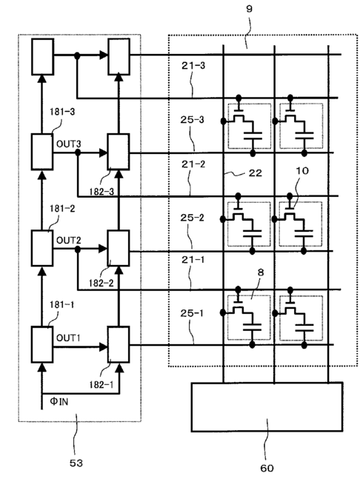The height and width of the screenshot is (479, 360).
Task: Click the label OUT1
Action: [x=68, y=338]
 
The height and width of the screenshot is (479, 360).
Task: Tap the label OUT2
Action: [x=68, y=241]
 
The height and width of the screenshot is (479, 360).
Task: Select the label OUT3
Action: [x=68, y=144]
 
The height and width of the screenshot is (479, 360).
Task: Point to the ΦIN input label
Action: [x=59, y=401]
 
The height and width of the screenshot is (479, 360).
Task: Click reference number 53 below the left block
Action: [x=76, y=463]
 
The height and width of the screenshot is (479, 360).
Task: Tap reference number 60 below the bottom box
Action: [x=267, y=469]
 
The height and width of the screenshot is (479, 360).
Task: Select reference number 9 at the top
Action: [x=250, y=9]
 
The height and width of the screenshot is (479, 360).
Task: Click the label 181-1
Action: [x=61, y=305]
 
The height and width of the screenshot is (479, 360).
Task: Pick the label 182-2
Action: [x=101, y=284]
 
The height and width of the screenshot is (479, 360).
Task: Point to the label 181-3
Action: [x=62, y=112]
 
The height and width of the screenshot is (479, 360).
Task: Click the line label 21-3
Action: [x=193, y=65]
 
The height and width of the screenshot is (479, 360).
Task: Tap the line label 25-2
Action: [x=192, y=218]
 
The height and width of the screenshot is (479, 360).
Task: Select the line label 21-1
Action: [x=193, y=260]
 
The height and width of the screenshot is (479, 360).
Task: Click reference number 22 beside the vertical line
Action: [x=255, y=173]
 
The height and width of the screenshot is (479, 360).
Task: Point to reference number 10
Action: [x=302, y=171]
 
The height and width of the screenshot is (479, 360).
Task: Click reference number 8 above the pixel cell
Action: [x=261, y=272]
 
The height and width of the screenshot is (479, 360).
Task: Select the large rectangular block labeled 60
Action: [x=267, y=406]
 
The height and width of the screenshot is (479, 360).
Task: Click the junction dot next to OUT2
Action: [x=78, y=249]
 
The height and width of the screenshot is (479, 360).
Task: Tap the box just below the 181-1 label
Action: [x=42, y=344]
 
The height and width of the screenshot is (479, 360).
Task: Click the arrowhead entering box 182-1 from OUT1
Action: [x=104, y=347]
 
